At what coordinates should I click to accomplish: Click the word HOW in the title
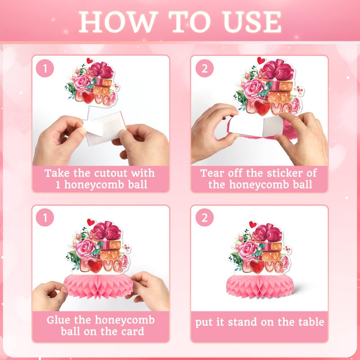(x=118, y=22)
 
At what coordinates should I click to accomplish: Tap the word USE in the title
(x=252, y=22)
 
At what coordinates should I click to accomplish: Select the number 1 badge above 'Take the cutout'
(x=45, y=68)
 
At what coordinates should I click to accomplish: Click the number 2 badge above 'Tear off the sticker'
(x=205, y=68)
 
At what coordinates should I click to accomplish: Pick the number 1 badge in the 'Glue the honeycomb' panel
(x=45, y=217)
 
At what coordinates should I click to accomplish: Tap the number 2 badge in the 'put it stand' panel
(x=205, y=217)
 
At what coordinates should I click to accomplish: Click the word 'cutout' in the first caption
(x=111, y=173)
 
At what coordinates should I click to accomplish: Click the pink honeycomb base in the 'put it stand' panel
(x=260, y=287)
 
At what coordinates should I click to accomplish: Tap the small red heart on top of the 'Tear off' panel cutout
(x=261, y=61)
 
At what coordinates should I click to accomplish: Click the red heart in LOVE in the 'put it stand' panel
(x=256, y=267)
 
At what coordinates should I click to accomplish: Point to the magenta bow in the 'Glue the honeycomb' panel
(x=106, y=231)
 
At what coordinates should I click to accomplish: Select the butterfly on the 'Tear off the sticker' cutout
(x=298, y=90)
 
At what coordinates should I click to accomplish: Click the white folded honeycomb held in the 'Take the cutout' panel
(x=105, y=129)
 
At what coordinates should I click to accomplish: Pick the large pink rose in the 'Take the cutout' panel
(x=82, y=82)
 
